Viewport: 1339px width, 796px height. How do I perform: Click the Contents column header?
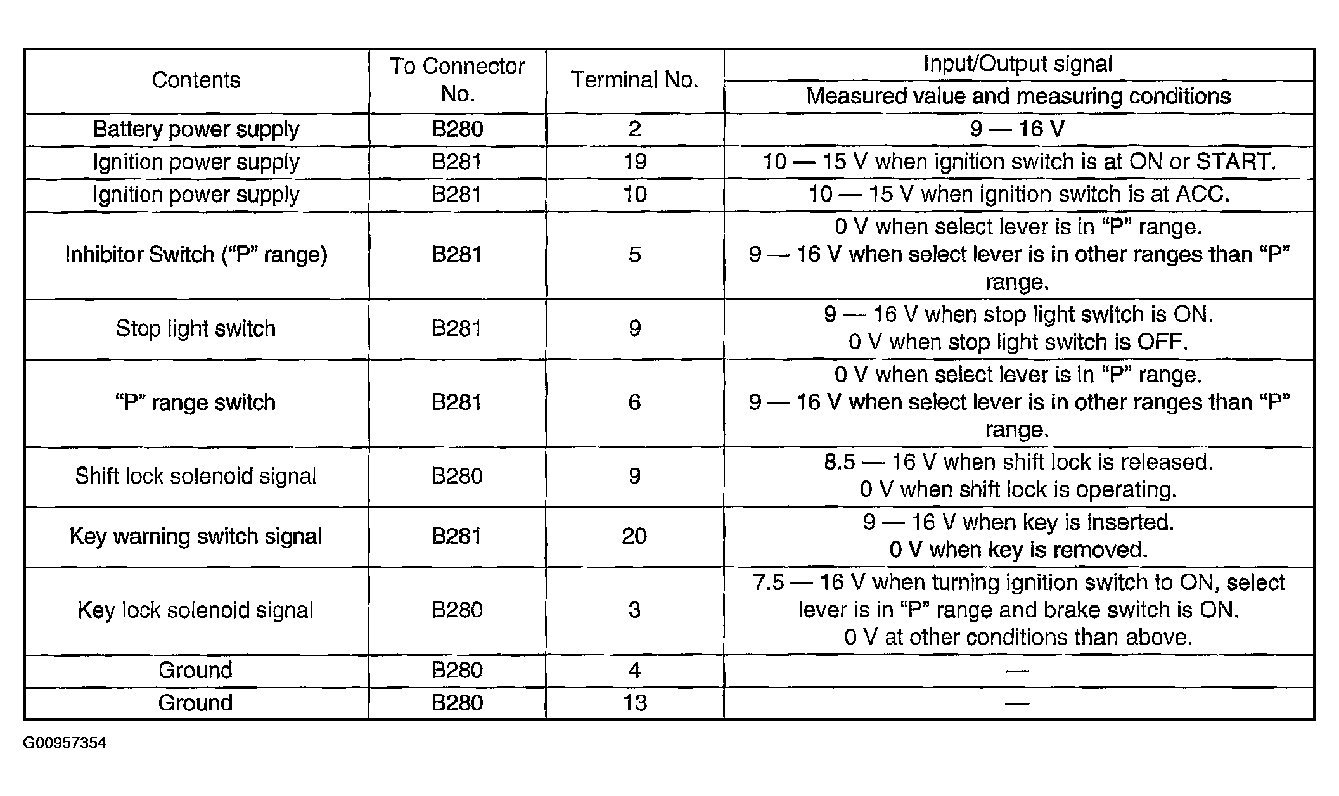(x=196, y=80)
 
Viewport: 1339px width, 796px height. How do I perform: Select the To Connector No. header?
(x=457, y=80)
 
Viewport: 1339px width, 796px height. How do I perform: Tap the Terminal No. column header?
(x=634, y=80)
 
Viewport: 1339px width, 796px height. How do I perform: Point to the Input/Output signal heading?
(x=1018, y=64)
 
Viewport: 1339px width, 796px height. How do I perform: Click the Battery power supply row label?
(x=196, y=129)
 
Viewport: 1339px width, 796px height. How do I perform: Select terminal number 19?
(x=634, y=162)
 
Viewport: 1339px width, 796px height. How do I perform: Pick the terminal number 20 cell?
(x=634, y=536)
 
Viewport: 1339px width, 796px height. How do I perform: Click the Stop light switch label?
(x=196, y=328)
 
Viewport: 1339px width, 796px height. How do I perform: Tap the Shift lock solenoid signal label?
(x=196, y=476)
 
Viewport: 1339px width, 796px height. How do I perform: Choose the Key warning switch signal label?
(x=196, y=536)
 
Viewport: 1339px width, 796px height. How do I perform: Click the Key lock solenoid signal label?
(x=196, y=610)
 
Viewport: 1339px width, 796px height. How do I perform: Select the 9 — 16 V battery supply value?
(x=1018, y=129)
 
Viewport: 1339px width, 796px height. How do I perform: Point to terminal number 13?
(x=634, y=703)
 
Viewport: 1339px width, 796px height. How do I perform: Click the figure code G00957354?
(x=65, y=743)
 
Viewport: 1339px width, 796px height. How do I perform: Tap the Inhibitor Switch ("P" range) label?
(x=196, y=255)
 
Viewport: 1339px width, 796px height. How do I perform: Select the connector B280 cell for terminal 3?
(x=457, y=610)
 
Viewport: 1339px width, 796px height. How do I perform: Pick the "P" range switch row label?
(x=196, y=402)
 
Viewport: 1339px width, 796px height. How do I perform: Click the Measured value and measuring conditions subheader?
(x=1018, y=96)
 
